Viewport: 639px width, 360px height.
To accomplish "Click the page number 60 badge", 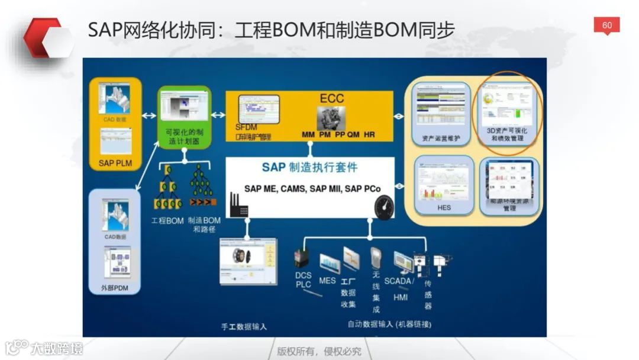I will [x=606, y=25].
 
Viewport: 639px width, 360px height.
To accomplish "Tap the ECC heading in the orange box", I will [x=332, y=98].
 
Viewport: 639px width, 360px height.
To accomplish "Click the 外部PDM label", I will [x=115, y=288].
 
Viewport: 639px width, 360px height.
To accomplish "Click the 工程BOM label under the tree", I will [x=167, y=221].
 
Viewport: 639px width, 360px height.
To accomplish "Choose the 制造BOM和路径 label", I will [x=204, y=224].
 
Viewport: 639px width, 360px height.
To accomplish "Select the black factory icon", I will [x=240, y=207].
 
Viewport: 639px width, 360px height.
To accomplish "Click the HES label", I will [x=444, y=207].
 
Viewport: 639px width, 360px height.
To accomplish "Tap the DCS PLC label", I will [x=304, y=280].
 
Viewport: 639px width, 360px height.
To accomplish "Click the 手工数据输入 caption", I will [x=244, y=326].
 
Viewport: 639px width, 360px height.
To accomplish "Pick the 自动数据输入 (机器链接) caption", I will [x=389, y=324].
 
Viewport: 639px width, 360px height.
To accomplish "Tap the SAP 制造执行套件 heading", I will [x=309, y=168].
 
